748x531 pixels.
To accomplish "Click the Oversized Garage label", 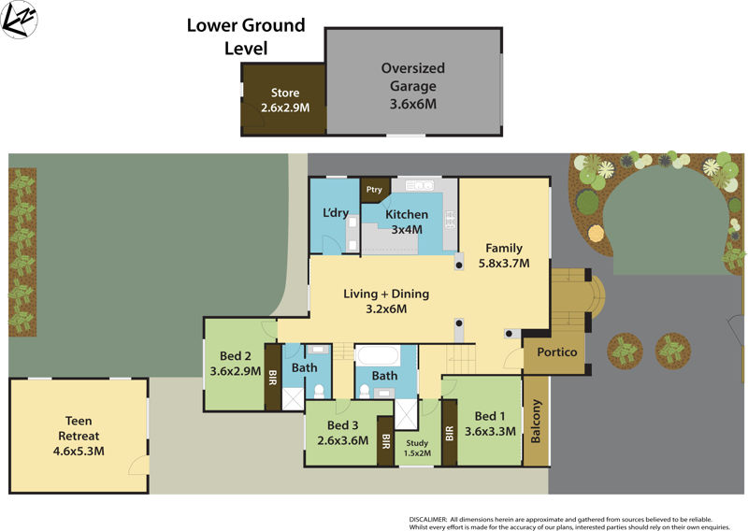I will point(412,85).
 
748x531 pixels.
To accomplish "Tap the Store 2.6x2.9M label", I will point(284,100).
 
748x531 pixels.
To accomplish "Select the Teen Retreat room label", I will point(79,435).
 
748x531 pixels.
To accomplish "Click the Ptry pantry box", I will point(375,190).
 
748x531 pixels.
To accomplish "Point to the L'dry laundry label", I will point(335,213).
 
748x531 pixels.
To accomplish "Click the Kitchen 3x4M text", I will point(407,222).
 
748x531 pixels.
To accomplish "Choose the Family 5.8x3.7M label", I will point(503,255).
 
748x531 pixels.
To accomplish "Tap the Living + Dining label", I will point(386,301).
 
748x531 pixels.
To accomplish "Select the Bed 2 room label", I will point(236,363).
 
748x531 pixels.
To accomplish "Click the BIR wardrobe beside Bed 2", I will point(272,377).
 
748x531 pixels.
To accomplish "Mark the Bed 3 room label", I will point(342,432).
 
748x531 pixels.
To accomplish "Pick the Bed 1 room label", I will point(488,423).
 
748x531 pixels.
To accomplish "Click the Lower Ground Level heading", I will point(246,36).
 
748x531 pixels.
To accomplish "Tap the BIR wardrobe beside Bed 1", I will point(448,432).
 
